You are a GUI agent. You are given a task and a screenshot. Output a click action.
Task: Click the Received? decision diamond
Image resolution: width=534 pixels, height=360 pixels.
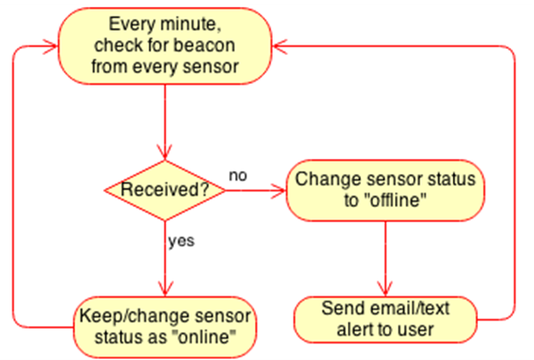[x=165, y=190]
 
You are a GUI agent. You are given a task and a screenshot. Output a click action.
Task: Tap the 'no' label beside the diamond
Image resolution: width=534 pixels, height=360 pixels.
[x=238, y=176]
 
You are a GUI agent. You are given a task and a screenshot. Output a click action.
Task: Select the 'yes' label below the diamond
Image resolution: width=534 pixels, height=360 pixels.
[x=181, y=241]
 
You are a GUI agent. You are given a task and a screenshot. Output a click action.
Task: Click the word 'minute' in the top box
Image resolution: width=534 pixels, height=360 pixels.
[x=191, y=24]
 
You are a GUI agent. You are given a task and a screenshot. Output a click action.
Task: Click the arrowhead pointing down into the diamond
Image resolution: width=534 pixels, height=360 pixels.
[x=165, y=152]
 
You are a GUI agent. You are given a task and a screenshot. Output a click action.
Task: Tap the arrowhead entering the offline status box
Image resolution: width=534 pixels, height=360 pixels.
[x=279, y=190]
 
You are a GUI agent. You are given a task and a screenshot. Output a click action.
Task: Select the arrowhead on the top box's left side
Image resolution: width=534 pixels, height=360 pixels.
[x=51, y=46]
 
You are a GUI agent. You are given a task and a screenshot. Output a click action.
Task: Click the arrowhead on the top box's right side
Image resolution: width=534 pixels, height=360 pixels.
[x=280, y=46]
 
